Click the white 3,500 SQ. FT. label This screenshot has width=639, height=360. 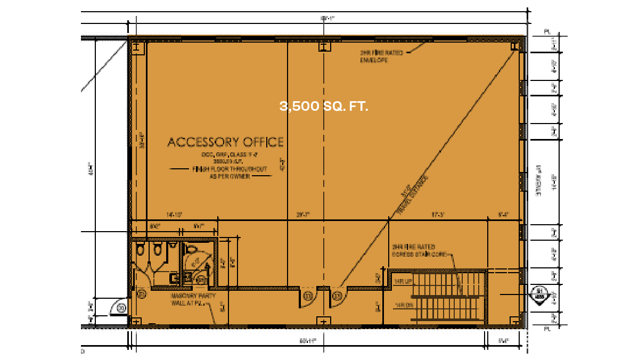point(324,107)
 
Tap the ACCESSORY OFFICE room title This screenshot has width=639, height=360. point(225,142)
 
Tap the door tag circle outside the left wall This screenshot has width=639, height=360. point(121,307)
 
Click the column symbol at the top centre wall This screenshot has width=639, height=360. point(324,47)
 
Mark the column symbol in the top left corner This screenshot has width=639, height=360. point(137,47)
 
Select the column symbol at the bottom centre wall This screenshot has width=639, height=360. point(324,321)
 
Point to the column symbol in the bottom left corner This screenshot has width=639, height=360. point(137,321)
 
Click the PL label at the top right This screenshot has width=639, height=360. point(546,32)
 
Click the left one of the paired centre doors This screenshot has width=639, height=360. point(308,297)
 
